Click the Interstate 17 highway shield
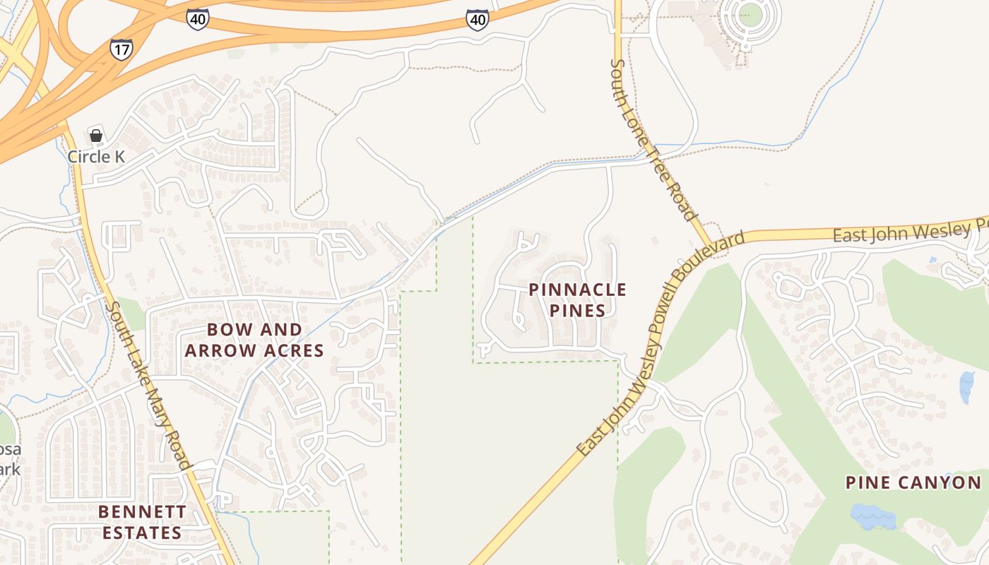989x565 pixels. [x=121, y=49]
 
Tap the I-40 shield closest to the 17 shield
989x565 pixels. [x=197, y=19]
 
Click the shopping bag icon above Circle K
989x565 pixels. [x=96, y=135]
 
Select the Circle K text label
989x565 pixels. [x=96, y=156]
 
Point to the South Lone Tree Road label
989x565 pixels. [x=653, y=140]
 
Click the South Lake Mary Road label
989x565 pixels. [x=148, y=386]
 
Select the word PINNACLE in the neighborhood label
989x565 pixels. [x=577, y=290]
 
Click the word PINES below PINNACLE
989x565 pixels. [x=577, y=311]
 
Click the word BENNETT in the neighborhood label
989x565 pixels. [x=142, y=511]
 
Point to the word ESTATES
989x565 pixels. [x=142, y=533]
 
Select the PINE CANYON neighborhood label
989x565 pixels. [x=913, y=482]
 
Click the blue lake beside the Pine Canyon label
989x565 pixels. [x=873, y=517]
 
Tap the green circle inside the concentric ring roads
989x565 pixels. [x=750, y=13]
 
